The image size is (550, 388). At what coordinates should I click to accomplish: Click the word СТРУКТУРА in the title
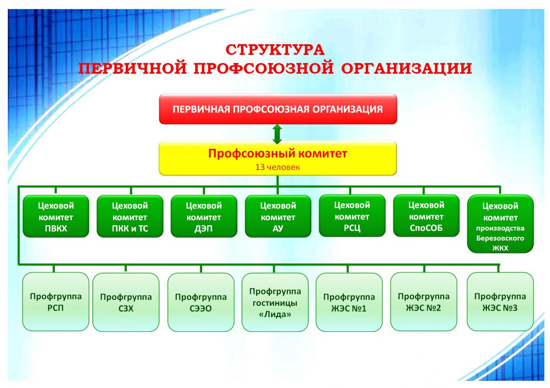tap(275, 50)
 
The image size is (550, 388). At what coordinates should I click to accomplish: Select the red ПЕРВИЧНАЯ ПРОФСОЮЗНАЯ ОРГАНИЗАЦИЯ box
tap(278, 109)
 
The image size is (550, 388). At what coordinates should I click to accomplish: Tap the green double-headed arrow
tap(277, 134)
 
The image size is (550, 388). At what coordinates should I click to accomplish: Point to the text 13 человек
tap(277, 167)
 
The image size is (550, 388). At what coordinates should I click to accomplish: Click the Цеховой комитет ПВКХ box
tap(56, 216)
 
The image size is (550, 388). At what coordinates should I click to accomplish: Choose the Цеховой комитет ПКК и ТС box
tap(130, 216)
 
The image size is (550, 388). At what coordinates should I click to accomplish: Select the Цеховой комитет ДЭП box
tap(204, 216)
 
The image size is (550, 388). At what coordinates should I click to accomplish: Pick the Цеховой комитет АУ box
tap(278, 216)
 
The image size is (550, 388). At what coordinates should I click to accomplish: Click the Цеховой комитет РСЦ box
tap(352, 216)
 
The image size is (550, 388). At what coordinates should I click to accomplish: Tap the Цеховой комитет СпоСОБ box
tap(426, 216)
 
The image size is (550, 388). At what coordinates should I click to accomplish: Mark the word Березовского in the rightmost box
tap(500, 238)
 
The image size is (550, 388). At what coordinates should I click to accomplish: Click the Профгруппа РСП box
tap(56, 302)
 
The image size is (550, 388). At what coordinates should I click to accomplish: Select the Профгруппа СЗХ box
tap(126, 302)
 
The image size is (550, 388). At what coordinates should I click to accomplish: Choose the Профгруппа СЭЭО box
tap(201, 302)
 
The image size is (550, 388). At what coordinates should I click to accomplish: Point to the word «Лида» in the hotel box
tap(275, 314)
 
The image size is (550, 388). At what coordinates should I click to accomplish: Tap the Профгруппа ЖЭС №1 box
tap(349, 302)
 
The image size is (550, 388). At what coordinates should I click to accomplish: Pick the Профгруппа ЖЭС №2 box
tap(423, 302)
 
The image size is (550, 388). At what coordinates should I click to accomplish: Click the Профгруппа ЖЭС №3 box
tap(500, 302)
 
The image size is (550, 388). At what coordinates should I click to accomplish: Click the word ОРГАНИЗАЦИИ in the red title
tap(406, 68)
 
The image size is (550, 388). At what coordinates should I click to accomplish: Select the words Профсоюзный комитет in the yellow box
tap(278, 153)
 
